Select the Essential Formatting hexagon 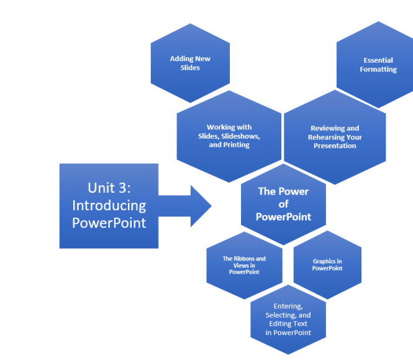(378, 65)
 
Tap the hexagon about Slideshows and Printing (229, 136)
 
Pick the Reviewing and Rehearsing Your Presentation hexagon (335, 137)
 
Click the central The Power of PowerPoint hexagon (283, 204)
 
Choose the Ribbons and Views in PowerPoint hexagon (244, 265)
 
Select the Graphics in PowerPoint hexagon (327, 265)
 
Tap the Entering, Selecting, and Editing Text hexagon (288, 320)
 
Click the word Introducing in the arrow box (109, 205)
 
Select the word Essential (378, 60)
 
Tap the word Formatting (378, 70)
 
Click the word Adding (181, 59)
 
